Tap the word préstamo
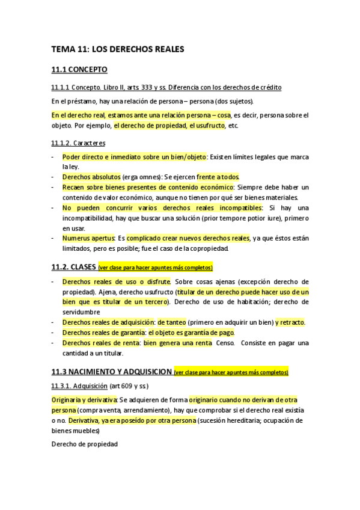81,101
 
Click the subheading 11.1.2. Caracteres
78,143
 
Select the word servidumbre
81,312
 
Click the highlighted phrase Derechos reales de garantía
103,333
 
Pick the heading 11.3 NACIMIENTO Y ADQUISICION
111,372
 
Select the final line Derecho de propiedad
84,444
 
